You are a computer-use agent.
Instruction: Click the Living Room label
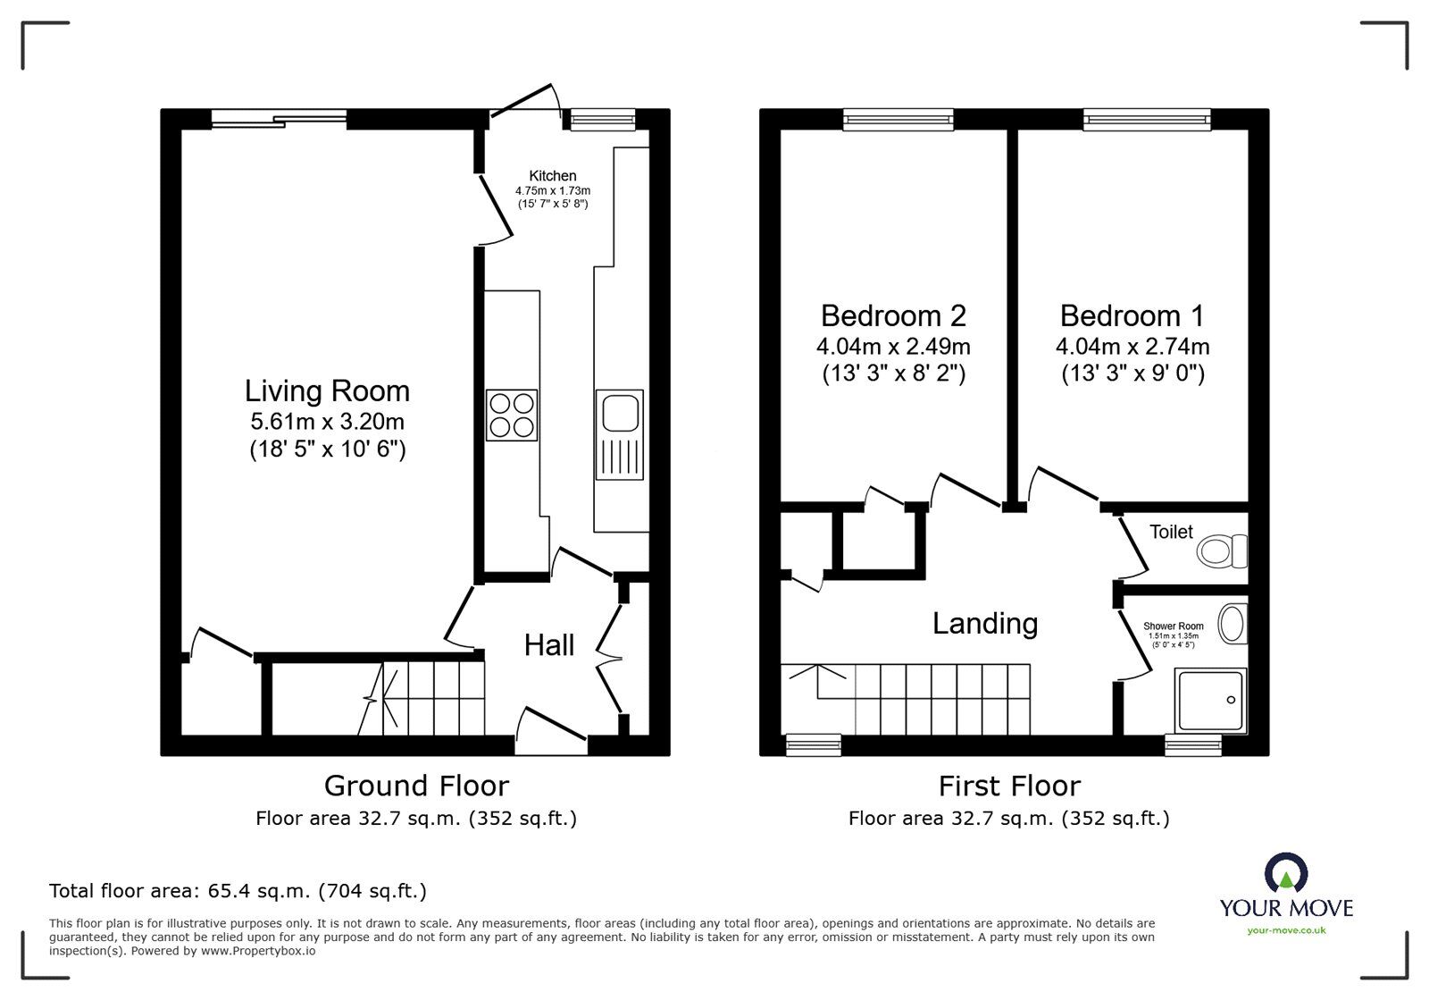pyautogui.click(x=328, y=391)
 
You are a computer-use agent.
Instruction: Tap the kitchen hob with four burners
pyautogui.click(x=512, y=416)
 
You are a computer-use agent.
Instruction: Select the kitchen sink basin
pyautogui.click(x=619, y=414)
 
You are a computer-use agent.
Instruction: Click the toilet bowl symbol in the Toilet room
pyautogui.click(x=1221, y=550)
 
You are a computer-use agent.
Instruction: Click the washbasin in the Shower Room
pyautogui.click(x=1233, y=624)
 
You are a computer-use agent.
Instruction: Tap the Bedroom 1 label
pyautogui.click(x=1132, y=315)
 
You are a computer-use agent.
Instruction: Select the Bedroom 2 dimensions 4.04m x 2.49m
pyautogui.click(x=893, y=346)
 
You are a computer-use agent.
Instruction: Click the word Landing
pyautogui.click(x=985, y=623)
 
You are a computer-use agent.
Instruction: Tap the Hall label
pyautogui.click(x=548, y=645)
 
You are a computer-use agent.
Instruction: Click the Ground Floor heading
pyautogui.click(x=416, y=786)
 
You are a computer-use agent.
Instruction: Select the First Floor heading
pyautogui.click(x=1009, y=786)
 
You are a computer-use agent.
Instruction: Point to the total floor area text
pyautogui.click(x=238, y=891)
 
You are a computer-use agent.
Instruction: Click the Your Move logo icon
pyautogui.click(x=1286, y=874)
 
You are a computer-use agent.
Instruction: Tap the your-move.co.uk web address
pyautogui.click(x=1286, y=931)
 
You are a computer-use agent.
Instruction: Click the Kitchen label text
pyautogui.click(x=553, y=176)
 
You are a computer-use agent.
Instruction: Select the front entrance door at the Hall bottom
pyautogui.click(x=551, y=726)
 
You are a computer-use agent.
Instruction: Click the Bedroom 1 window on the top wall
pyautogui.click(x=1147, y=118)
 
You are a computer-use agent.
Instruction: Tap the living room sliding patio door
pyautogui.click(x=279, y=118)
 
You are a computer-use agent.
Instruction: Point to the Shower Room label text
pyautogui.click(x=1173, y=626)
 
